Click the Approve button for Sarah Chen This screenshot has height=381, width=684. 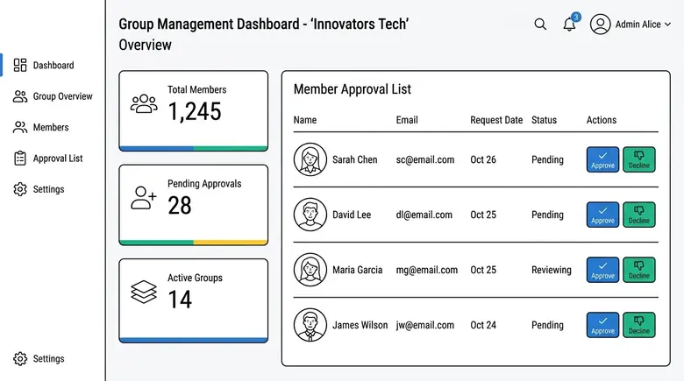(x=602, y=159)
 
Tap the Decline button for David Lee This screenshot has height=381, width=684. (x=639, y=215)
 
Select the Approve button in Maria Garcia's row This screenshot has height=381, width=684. (x=602, y=270)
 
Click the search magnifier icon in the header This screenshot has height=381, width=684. (x=540, y=24)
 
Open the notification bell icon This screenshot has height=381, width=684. (x=569, y=25)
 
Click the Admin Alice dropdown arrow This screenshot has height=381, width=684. (x=667, y=25)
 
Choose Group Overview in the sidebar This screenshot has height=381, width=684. (x=63, y=96)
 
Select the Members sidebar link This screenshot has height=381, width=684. (x=51, y=127)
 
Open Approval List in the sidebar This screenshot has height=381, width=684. (x=58, y=159)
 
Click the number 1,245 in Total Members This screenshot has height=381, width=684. (x=195, y=111)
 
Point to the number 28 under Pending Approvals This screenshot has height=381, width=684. (x=179, y=205)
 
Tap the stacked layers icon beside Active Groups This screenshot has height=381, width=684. (x=144, y=292)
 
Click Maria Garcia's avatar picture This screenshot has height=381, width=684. (x=310, y=270)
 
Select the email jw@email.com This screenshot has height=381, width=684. (x=425, y=325)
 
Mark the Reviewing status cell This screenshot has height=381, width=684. (x=552, y=271)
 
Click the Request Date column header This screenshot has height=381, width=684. (x=496, y=120)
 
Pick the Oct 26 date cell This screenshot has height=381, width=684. (x=483, y=160)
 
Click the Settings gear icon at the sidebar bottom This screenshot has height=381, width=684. (x=20, y=359)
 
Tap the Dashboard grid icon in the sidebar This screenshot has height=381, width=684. (x=20, y=66)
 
